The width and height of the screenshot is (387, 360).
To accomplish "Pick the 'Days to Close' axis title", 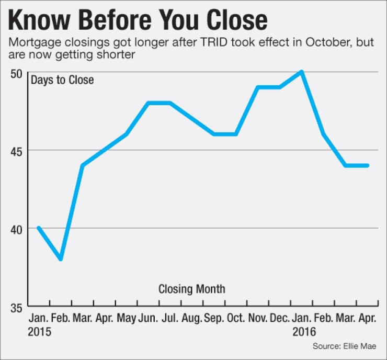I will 62,81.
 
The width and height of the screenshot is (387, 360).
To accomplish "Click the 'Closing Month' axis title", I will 191,288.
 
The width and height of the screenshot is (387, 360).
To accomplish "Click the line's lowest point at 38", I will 61,259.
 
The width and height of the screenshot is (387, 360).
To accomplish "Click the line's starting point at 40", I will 39,228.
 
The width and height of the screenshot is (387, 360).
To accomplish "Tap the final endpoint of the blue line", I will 368,165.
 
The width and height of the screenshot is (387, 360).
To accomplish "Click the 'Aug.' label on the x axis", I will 192,319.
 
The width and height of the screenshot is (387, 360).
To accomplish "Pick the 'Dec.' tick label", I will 279,319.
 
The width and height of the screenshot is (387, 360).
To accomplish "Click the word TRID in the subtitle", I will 195,42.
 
